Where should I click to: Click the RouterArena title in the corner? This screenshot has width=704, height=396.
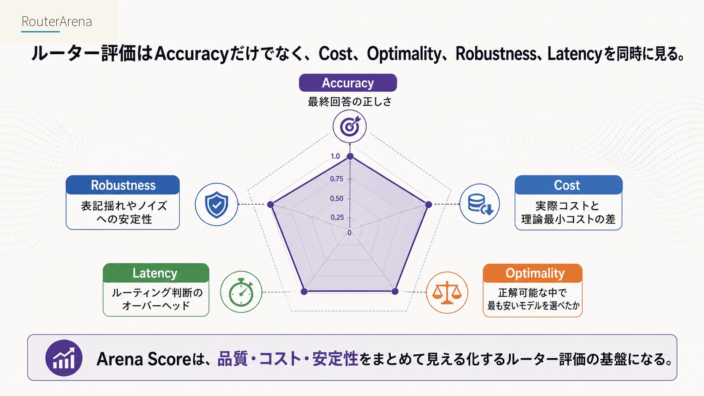click(x=56, y=21)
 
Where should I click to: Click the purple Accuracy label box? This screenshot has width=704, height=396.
click(x=348, y=83)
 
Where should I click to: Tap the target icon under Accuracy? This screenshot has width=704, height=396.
click(x=349, y=126)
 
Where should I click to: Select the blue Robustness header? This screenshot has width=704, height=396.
click(x=123, y=185)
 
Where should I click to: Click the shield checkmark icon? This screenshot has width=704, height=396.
click(x=216, y=205)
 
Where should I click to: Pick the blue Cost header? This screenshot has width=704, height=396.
click(x=568, y=185)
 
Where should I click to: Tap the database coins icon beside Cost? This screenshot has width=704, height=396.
click(x=480, y=204)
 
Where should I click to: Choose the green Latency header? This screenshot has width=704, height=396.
click(x=156, y=273)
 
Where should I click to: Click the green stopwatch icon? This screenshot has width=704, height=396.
click(x=241, y=292)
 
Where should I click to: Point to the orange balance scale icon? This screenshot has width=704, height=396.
click(x=447, y=292)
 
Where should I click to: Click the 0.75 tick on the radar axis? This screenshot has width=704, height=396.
click(x=336, y=179)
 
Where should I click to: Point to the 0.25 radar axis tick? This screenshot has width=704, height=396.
click(x=337, y=217)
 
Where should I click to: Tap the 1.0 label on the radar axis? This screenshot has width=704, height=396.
click(x=335, y=156)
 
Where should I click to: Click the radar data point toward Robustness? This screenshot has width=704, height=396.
click(x=271, y=205)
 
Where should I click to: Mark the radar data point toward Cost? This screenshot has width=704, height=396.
click(x=428, y=205)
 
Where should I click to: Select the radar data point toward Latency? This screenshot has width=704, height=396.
click(x=304, y=292)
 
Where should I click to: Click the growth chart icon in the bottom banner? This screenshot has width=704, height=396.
click(x=64, y=358)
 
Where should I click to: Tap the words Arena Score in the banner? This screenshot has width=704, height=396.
click(x=144, y=359)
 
